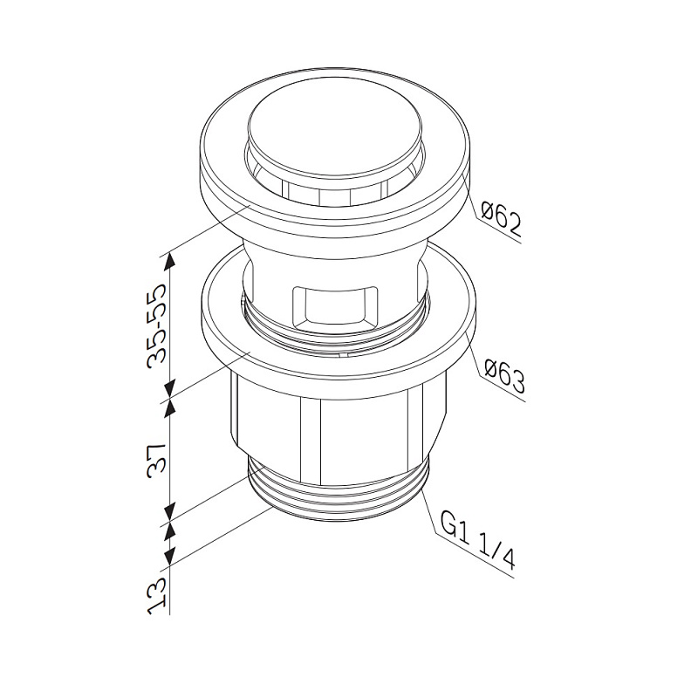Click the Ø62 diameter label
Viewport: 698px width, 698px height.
tap(501, 219)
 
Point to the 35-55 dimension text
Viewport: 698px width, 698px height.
tap(157, 325)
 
